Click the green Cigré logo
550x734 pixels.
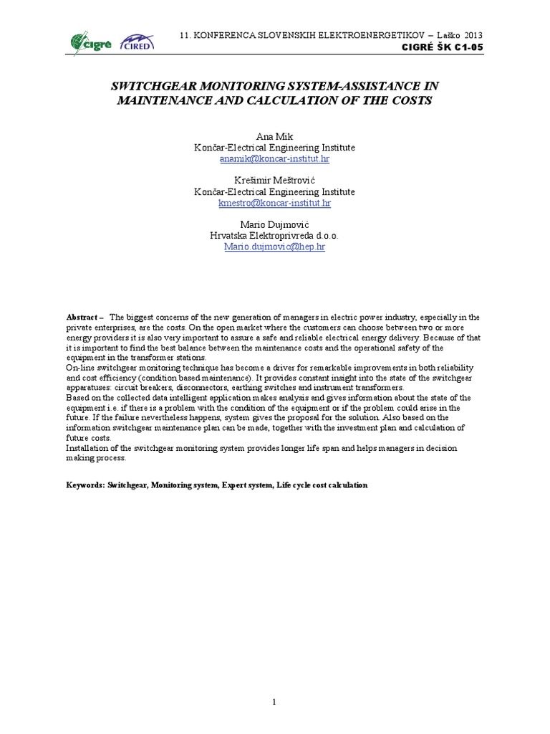click(91, 42)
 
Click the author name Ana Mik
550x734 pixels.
click(274, 137)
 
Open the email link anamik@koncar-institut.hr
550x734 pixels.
click(274, 159)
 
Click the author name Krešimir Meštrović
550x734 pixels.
click(274, 181)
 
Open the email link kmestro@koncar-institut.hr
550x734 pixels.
click(274, 203)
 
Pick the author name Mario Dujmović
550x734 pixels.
click(274, 225)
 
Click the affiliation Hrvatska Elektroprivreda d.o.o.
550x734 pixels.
click(274, 236)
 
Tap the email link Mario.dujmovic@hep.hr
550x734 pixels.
click(274, 247)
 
